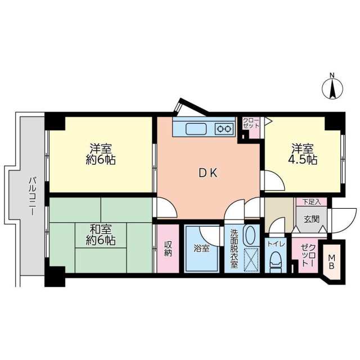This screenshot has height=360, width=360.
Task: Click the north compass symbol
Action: (x=332, y=88)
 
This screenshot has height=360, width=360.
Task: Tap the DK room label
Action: (x=208, y=174)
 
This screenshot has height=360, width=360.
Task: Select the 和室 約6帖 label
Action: (x=102, y=235)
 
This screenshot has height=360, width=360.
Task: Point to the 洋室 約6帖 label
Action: (x=102, y=154)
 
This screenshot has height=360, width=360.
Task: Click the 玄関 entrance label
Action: (x=311, y=219)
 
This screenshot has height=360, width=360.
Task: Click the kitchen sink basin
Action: (x=195, y=128)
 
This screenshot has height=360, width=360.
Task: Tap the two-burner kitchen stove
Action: (x=224, y=128)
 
